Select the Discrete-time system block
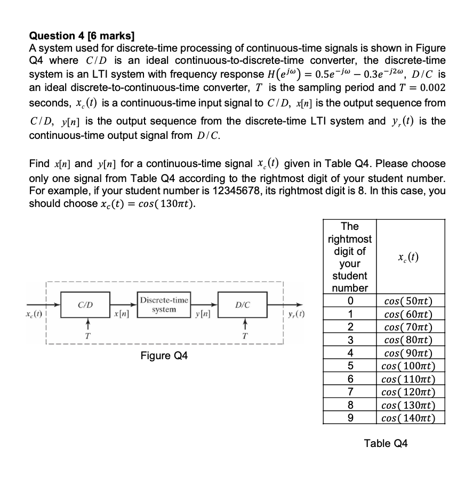[164, 305]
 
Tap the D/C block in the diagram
[243, 305]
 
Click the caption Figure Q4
[164, 355]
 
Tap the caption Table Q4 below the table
[386, 443]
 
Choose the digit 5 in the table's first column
[350, 366]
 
